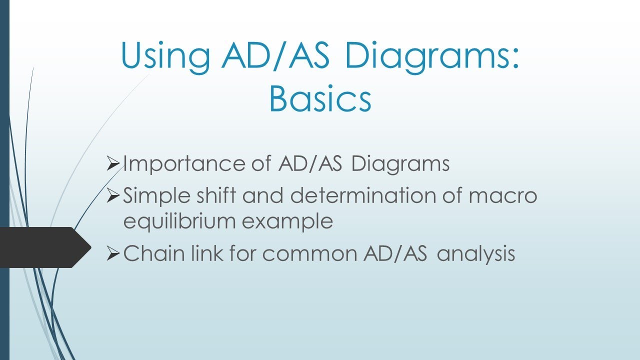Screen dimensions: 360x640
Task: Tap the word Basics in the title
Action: pyautogui.click(x=320, y=99)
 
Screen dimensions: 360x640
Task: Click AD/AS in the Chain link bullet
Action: pyautogui.click(x=393, y=254)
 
